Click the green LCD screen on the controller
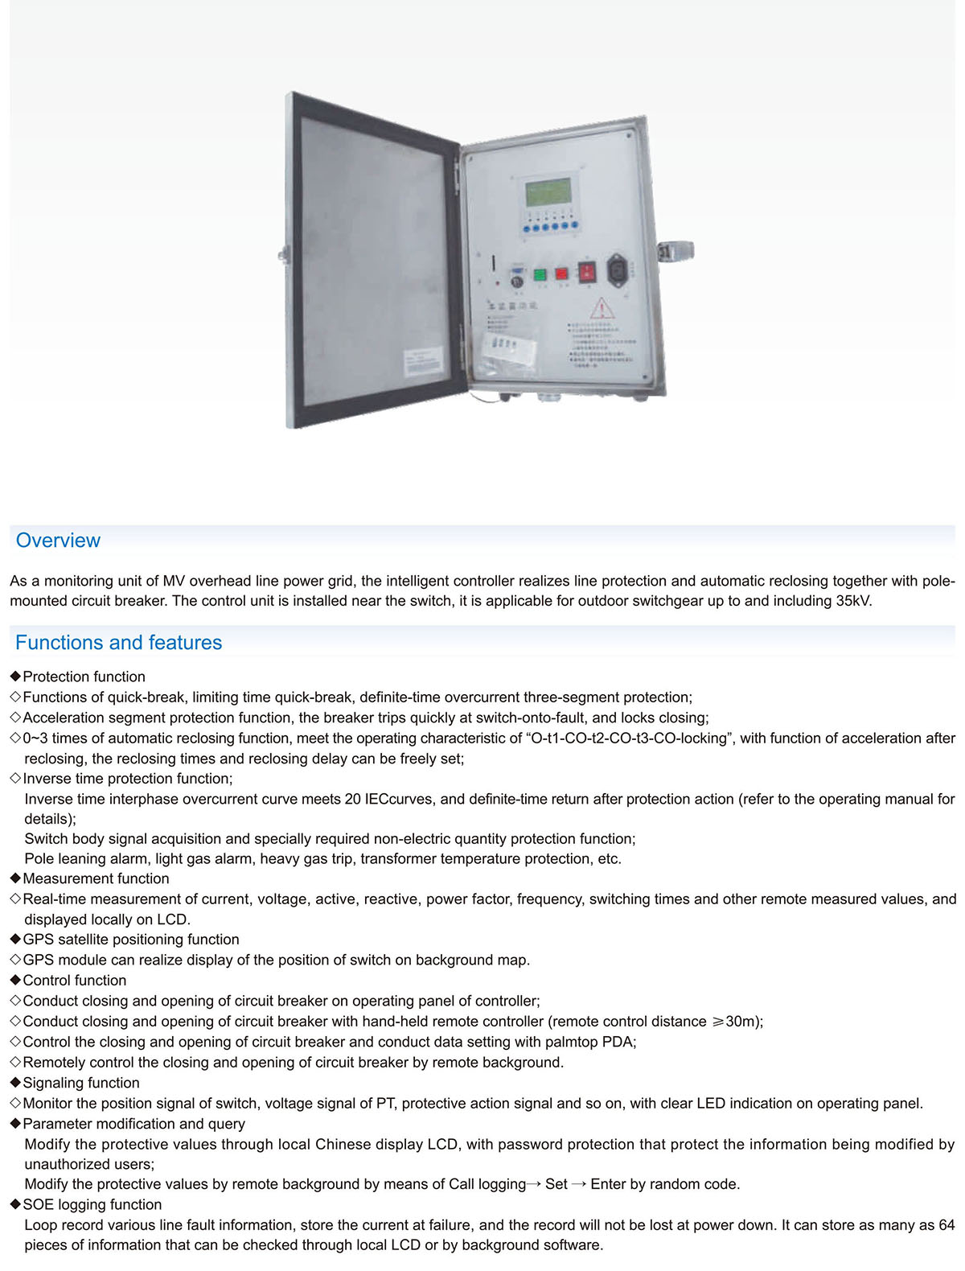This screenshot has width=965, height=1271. (x=548, y=193)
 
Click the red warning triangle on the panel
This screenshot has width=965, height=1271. (x=602, y=308)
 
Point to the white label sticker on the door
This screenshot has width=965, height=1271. (x=422, y=360)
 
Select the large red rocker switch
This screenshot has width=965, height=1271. (x=588, y=272)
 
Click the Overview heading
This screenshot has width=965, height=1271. (x=58, y=541)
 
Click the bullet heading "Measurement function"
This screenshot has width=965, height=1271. (x=96, y=878)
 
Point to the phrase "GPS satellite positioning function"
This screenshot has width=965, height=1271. (x=131, y=940)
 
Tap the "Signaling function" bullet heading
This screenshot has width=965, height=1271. (x=81, y=1083)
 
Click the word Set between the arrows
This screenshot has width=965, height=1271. (x=556, y=1184)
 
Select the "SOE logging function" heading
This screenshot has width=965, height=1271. (x=92, y=1204)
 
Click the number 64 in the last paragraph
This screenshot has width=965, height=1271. (x=946, y=1225)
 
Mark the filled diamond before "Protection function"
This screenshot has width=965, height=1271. (x=15, y=677)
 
